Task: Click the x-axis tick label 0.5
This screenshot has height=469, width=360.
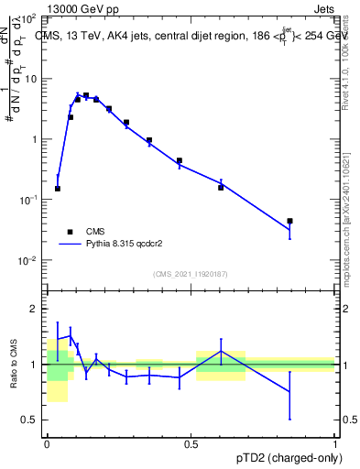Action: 191,443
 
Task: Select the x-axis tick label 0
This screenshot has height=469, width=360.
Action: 48,443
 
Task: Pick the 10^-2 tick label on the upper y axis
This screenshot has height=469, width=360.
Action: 29,260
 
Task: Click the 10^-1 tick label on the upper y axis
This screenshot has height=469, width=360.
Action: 29,200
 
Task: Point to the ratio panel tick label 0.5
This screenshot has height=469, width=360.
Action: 31,420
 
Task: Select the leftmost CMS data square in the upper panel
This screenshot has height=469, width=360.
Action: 58,189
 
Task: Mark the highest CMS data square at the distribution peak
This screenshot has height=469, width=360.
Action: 86,95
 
